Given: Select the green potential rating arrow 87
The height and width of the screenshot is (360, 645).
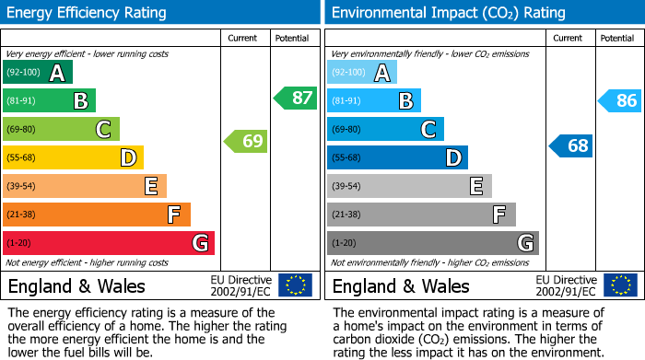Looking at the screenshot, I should [x=296, y=98].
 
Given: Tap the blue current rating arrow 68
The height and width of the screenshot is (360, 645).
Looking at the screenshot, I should [x=571, y=145].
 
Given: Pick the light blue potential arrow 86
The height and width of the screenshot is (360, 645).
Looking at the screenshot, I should [x=620, y=101].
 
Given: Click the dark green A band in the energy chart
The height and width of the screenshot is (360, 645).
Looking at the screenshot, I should [x=38, y=73].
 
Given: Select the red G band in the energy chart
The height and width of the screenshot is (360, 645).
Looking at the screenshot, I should [x=109, y=243].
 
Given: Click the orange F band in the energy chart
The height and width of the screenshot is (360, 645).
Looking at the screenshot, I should [x=97, y=215].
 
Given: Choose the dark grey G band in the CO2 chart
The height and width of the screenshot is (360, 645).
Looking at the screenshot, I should [x=432, y=243].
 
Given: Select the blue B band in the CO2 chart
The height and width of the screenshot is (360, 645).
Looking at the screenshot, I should [x=374, y=101].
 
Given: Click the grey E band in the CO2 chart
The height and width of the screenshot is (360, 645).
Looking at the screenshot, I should [x=409, y=186].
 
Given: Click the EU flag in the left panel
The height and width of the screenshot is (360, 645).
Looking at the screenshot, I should [x=295, y=285].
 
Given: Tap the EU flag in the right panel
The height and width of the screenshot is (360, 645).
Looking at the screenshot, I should [x=620, y=285].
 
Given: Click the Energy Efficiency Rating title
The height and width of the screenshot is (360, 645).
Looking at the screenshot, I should [x=88, y=13].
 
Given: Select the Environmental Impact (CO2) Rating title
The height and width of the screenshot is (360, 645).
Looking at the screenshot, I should [x=448, y=13].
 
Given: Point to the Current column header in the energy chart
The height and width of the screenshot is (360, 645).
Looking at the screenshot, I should [x=243, y=38].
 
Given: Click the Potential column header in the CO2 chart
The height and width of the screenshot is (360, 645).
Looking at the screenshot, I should [x=616, y=38].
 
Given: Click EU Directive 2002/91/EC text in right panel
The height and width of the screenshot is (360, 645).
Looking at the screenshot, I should [x=566, y=285].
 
